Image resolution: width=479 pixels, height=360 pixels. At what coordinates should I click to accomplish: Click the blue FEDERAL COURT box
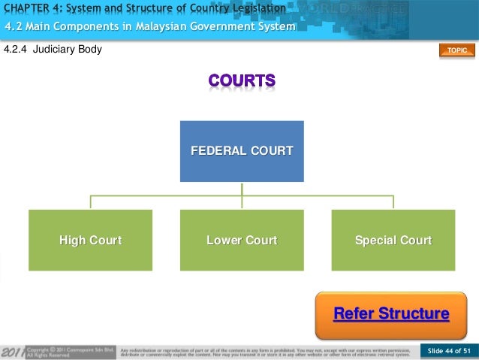242,151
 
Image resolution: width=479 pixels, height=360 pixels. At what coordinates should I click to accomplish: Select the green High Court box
90,241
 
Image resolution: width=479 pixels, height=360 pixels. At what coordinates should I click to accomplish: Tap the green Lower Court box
242,241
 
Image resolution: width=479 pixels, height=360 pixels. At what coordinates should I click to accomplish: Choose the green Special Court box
393,241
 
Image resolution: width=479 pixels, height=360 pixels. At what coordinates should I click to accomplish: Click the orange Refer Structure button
391,313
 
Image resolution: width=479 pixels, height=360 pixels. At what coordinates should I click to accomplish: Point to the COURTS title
242,80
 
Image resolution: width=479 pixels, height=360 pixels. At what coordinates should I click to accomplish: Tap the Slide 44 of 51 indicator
448,351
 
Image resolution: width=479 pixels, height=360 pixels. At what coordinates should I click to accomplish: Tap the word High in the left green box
73,241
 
